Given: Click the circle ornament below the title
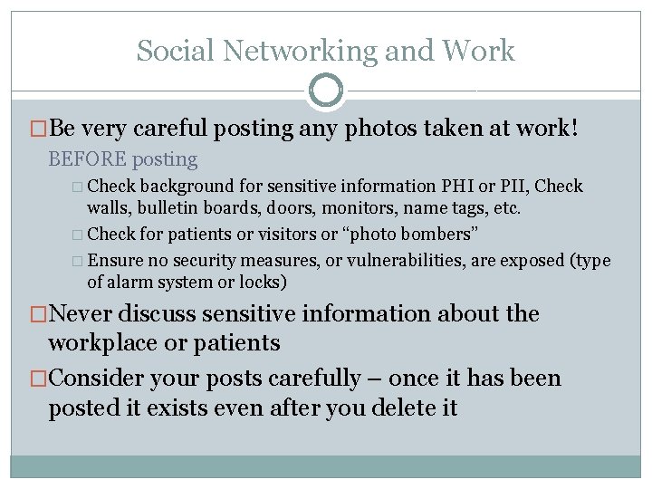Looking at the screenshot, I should click(x=326, y=91).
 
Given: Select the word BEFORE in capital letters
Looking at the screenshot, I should click(x=87, y=159).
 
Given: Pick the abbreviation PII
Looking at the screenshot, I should click(x=514, y=187).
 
